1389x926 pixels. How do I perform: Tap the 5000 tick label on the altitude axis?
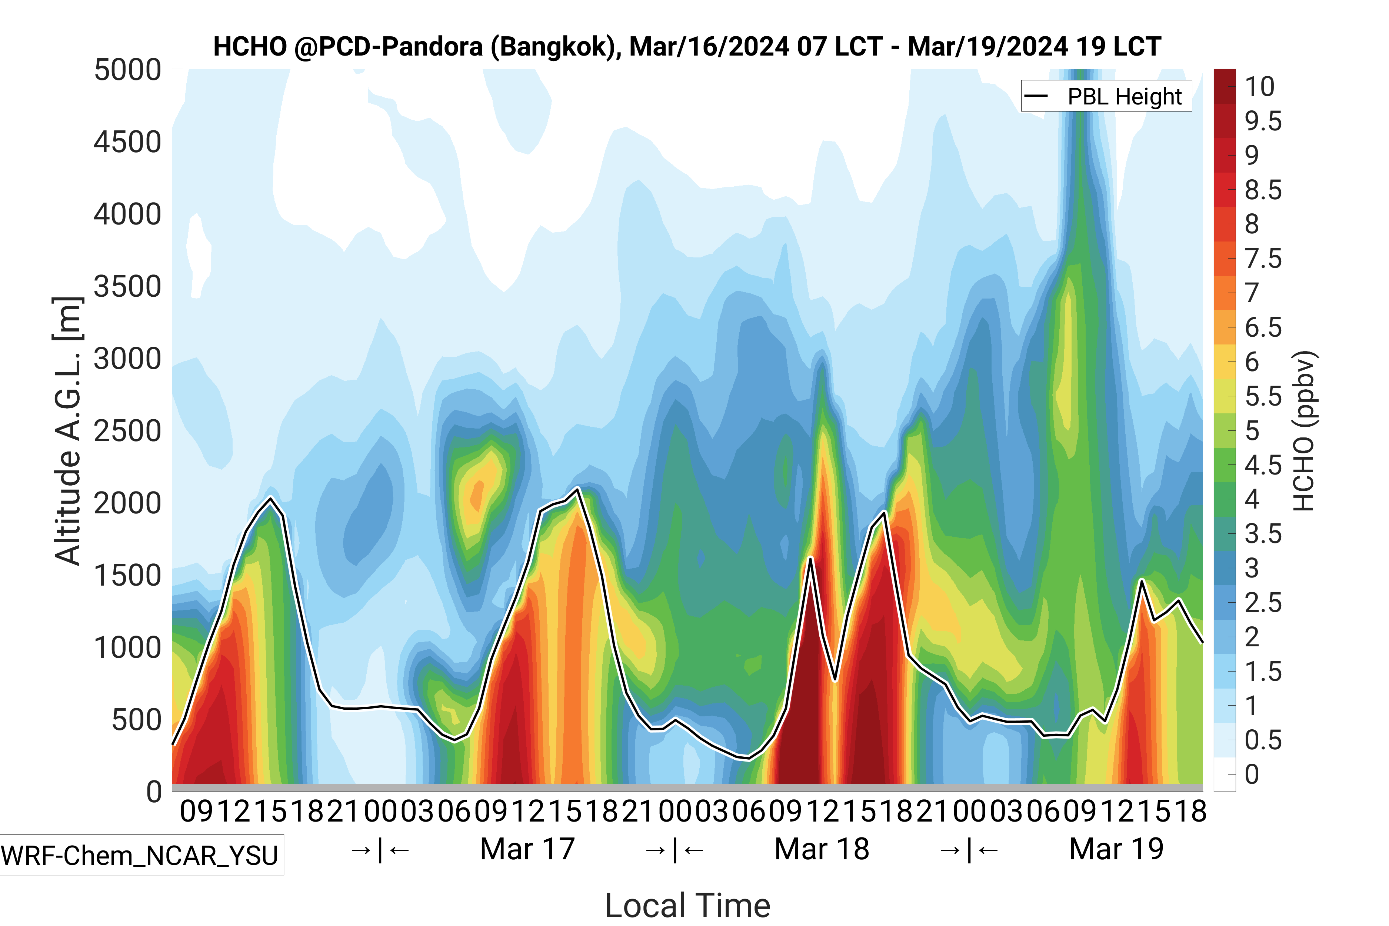(127, 70)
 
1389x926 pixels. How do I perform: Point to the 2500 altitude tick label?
(127, 431)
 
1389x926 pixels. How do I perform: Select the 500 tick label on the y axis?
(136, 720)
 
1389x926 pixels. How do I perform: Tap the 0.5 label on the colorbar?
(1263, 740)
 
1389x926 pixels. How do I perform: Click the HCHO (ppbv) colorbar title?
(1304, 431)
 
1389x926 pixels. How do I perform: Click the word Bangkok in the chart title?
(553, 47)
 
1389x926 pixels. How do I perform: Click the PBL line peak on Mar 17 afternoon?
(577, 489)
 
